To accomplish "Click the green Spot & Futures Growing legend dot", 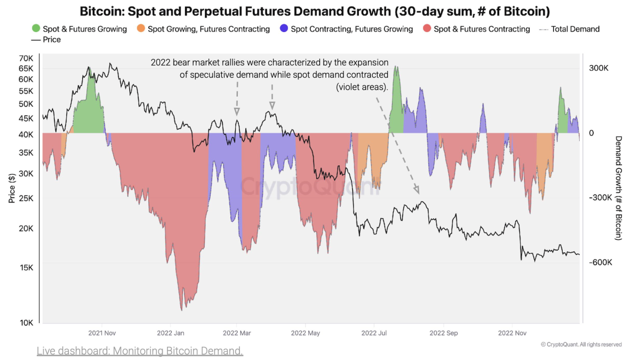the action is click(36, 28).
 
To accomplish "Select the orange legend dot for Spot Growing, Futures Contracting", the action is click(141, 28).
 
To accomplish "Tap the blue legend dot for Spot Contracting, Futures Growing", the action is click(284, 28).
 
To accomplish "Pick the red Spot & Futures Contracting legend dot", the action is click(427, 28).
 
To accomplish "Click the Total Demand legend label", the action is click(575, 29).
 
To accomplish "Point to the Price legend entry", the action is click(46, 39).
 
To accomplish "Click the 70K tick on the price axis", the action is click(26, 58).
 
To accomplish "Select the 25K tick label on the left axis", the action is click(26, 198).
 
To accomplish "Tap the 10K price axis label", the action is click(27, 323).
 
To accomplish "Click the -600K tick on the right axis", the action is click(601, 262).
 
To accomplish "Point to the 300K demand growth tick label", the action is click(598, 68).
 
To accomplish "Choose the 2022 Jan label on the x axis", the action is click(171, 333).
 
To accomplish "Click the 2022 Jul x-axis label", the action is click(374, 333).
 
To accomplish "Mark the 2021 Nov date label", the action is click(102, 333).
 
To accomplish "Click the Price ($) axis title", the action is click(12, 189).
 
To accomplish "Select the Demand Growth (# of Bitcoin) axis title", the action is click(618, 188).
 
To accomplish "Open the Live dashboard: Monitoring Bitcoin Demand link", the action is click(140, 351).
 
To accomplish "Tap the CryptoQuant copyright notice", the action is click(581, 345).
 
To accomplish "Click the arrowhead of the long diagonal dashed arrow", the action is click(417, 190).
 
